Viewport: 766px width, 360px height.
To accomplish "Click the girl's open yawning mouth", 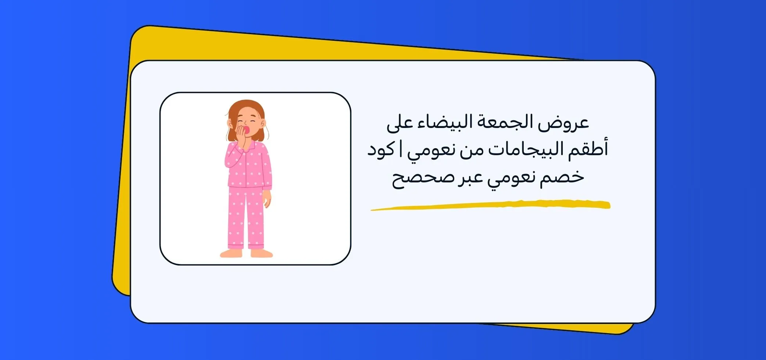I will [x=247, y=131].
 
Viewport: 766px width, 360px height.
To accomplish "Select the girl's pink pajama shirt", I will [x=250, y=165].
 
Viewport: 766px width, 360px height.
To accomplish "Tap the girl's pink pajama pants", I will [x=246, y=217].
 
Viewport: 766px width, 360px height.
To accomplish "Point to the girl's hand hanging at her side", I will [x=268, y=199].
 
